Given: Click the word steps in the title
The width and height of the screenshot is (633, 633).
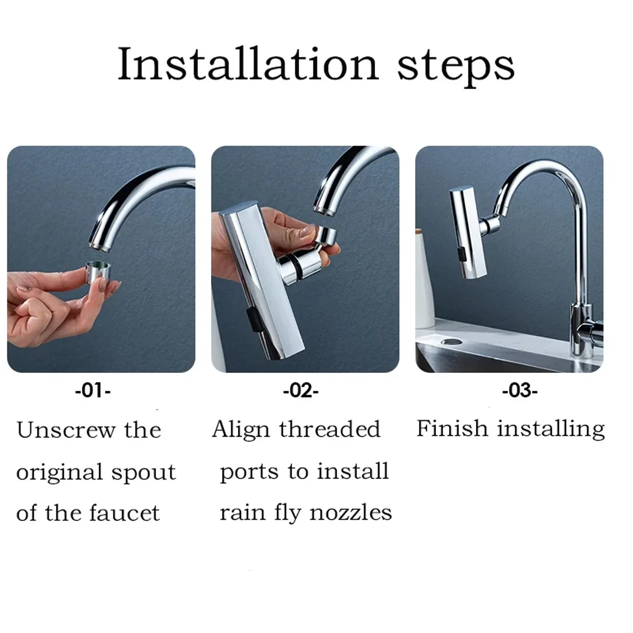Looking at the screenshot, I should tap(455, 66).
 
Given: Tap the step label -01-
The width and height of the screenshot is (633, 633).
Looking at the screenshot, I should tap(93, 391).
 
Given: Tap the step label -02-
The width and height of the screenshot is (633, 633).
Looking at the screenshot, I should tap(301, 391).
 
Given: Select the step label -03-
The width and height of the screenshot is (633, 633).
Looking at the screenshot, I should tap(520, 391).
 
